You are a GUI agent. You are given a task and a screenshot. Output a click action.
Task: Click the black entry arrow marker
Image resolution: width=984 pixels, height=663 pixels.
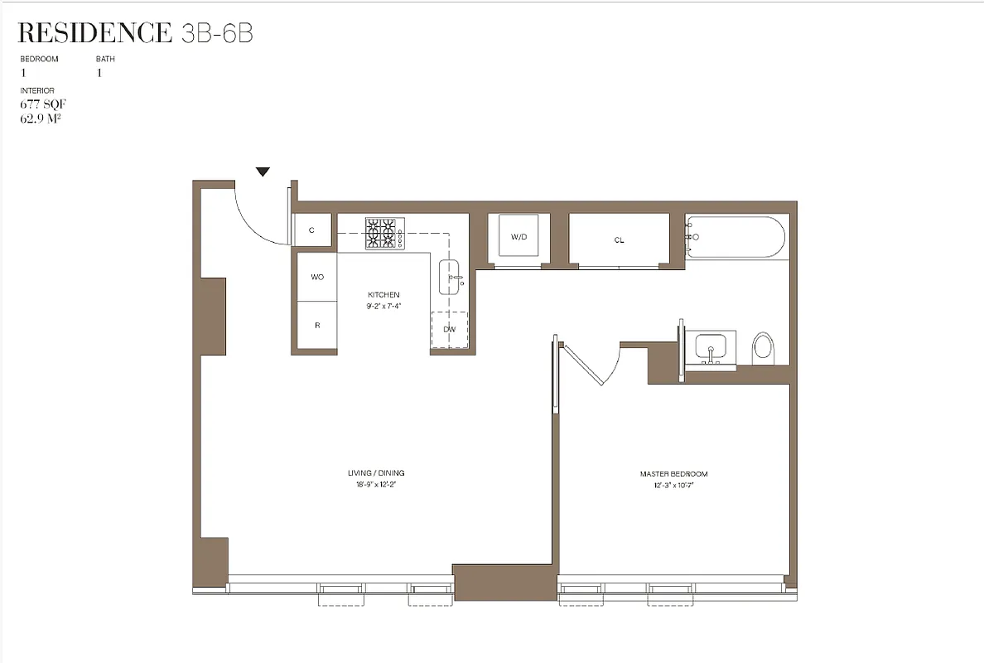[x=263, y=172]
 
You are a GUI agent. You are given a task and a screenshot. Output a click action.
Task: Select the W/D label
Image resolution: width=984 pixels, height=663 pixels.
[x=519, y=237]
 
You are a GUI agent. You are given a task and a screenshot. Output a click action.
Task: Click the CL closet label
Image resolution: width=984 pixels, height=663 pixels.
[x=619, y=240]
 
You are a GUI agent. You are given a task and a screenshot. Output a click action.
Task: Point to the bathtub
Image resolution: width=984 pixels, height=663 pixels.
[x=735, y=237]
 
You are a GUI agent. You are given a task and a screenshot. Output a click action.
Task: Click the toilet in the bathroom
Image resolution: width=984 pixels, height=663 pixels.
[x=762, y=348]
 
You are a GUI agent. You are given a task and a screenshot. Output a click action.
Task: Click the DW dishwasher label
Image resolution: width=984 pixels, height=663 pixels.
[x=450, y=329]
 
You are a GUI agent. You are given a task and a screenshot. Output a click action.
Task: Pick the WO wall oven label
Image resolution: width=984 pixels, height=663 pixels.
[x=317, y=277]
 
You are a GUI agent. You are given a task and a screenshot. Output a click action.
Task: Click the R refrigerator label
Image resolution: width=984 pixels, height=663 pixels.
[x=317, y=326]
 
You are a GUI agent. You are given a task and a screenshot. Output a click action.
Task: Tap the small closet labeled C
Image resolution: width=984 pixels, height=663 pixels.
[x=311, y=230]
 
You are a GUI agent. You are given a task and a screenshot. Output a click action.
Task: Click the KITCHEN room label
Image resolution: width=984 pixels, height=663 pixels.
[x=383, y=295]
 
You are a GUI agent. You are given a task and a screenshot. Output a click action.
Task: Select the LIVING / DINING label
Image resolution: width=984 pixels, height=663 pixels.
[x=376, y=473]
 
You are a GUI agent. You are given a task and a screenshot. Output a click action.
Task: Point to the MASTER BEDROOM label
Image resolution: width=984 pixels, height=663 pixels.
[x=673, y=474]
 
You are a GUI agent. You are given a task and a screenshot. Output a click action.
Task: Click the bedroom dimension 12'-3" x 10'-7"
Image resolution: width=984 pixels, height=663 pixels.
[x=673, y=485]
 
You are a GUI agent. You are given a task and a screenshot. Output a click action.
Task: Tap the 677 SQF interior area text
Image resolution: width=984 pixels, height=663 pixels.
[x=42, y=104]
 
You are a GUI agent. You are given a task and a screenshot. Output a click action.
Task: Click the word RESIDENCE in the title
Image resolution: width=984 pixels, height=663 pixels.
[x=94, y=33]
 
